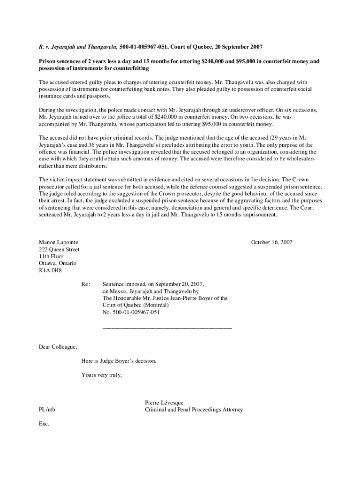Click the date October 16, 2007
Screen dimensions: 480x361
(271, 242)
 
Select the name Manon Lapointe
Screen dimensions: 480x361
(58, 242)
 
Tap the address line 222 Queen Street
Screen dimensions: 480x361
(59, 249)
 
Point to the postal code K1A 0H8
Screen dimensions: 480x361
(50, 270)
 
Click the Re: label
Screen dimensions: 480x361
(85, 284)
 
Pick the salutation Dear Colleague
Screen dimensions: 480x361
(58, 347)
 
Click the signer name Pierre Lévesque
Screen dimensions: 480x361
(165, 403)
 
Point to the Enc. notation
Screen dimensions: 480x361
(44, 424)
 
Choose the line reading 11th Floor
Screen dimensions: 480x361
(51, 256)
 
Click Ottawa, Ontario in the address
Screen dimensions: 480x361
(57, 263)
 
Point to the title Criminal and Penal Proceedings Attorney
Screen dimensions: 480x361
(194, 410)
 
